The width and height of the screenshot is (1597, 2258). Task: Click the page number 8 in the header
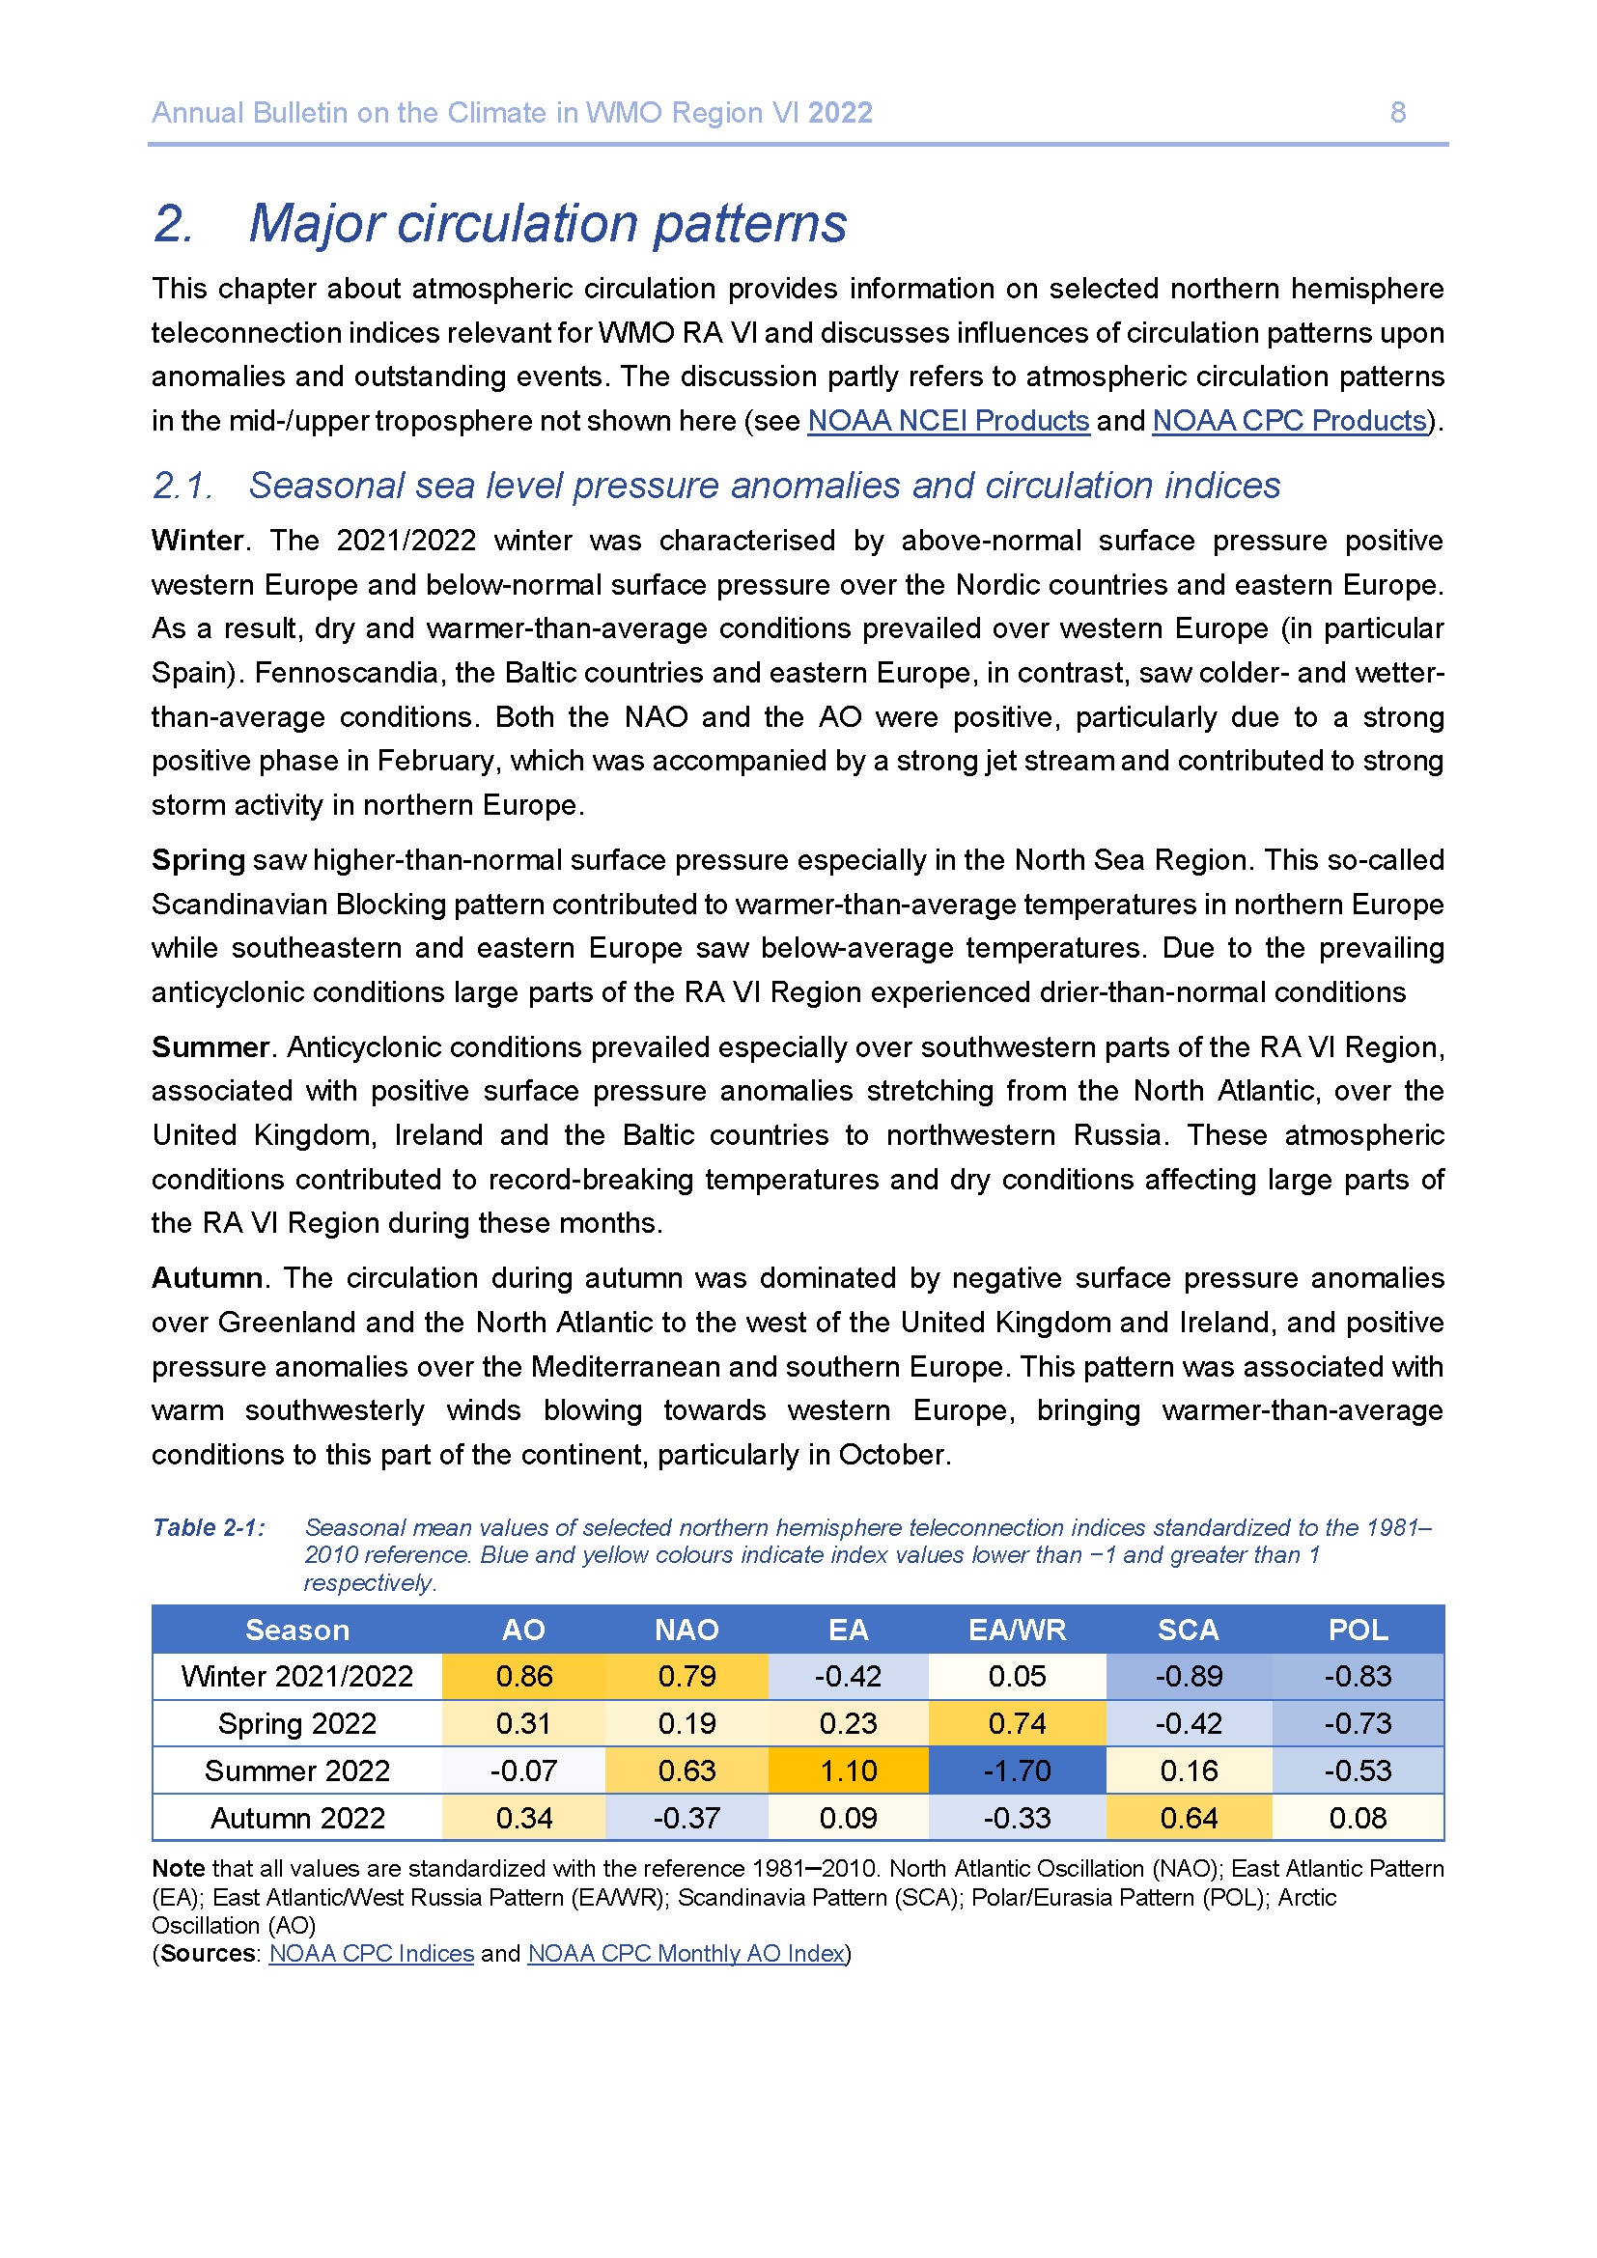pos(1397,113)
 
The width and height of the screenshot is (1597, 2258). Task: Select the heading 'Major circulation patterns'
pos(546,223)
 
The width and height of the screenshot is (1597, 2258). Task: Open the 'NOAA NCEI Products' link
pos(948,421)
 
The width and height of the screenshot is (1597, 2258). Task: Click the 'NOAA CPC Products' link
pos(1289,421)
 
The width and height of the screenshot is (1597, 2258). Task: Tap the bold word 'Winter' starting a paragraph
pos(198,541)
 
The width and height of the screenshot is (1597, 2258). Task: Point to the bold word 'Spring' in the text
pos(198,860)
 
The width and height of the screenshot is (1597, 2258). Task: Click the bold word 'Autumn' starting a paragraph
pos(207,1278)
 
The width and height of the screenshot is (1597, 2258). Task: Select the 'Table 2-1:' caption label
pos(209,1527)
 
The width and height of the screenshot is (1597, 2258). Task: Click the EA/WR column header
pos(1017,1630)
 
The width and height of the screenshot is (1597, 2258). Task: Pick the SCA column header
pos(1188,1630)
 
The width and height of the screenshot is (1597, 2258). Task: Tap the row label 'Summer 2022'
pos(297,1770)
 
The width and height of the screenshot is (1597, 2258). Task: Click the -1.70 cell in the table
pos(1017,1770)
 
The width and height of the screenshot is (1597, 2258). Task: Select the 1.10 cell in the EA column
pos(848,1770)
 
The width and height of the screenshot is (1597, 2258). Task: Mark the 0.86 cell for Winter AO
pos(524,1676)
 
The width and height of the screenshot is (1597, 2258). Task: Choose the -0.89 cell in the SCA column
pos(1188,1676)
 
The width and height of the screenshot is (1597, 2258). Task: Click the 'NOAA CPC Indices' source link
pos(371,1953)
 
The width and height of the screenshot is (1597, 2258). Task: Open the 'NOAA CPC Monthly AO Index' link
pos(686,1953)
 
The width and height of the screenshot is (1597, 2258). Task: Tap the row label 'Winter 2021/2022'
pos(297,1676)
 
